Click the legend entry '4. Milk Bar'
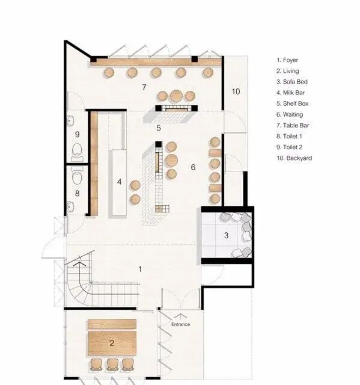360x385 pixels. [x=291, y=93]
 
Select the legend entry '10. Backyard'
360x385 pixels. [x=294, y=158]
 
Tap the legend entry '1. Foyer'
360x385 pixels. [x=287, y=60]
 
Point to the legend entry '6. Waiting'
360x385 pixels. [x=290, y=114]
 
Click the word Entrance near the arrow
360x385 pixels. [x=180, y=324]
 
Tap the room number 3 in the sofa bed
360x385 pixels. [x=226, y=235]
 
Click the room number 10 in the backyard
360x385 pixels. [x=236, y=91]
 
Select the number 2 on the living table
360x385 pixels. [x=112, y=343]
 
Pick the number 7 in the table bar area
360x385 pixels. [x=144, y=87]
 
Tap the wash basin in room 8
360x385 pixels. [x=70, y=206]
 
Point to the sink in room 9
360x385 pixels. [x=70, y=121]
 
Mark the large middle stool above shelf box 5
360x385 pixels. [x=176, y=96]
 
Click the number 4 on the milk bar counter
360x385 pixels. [x=119, y=182]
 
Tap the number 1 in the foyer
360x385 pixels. [x=140, y=269]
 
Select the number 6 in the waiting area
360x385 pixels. [x=193, y=167]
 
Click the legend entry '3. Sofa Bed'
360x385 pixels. [x=292, y=82]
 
